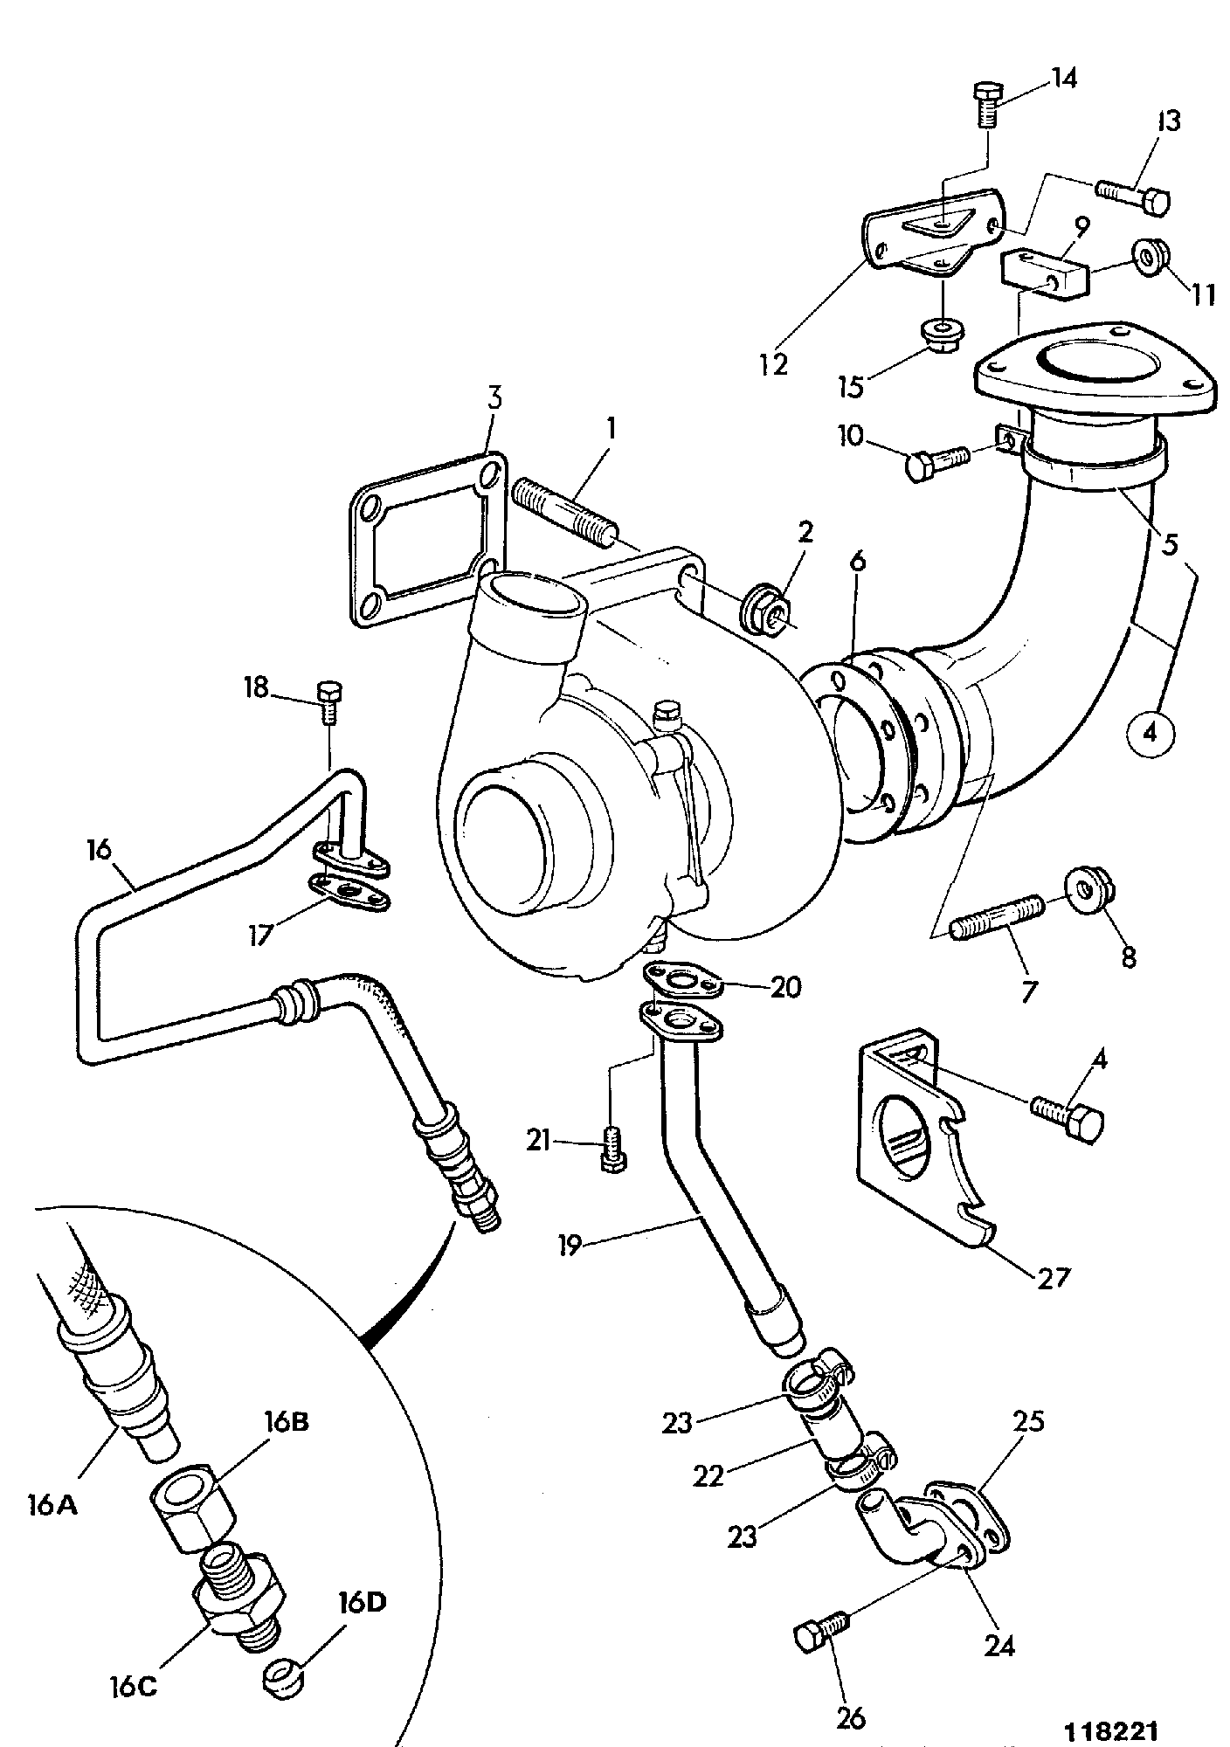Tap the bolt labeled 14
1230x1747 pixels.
click(x=987, y=106)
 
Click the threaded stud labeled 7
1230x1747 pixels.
click(x=995, y=918)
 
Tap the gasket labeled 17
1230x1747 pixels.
click(x=349, y=892)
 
